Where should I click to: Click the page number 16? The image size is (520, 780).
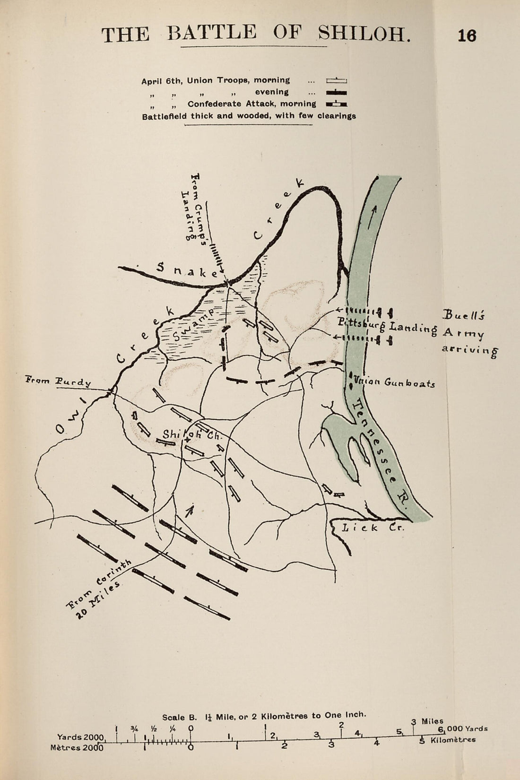(x=467, y=36)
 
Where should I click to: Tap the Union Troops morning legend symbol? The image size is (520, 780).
(x=336, y=81)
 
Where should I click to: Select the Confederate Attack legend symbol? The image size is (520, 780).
(x=336, y=104)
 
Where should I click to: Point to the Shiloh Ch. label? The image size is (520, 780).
(x=188, y=434)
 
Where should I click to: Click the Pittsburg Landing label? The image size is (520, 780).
(x=387, y=325)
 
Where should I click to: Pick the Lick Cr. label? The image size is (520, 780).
(x=373, y=528)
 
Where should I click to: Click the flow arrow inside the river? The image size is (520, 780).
(x=376, y=211)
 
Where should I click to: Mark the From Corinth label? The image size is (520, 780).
(x=99, y=583)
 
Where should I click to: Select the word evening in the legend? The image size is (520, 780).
(x=272, y=92)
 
